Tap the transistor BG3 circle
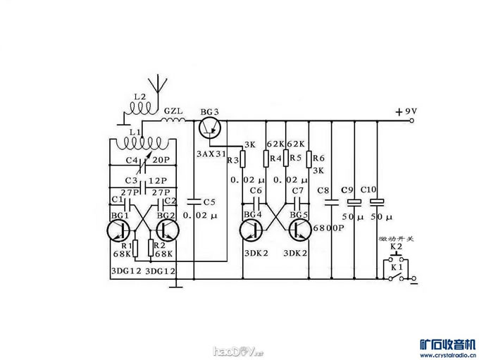tap(209, 128)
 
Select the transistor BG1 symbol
tap(120, 231)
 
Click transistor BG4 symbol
tap(251, 231)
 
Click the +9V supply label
tap(406, 111)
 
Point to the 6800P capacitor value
tap(329, 228)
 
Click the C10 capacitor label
tap(368, 190)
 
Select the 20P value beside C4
tap(160, 160)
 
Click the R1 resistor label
tap(127, 245)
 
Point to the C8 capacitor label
tap(324, 191)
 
